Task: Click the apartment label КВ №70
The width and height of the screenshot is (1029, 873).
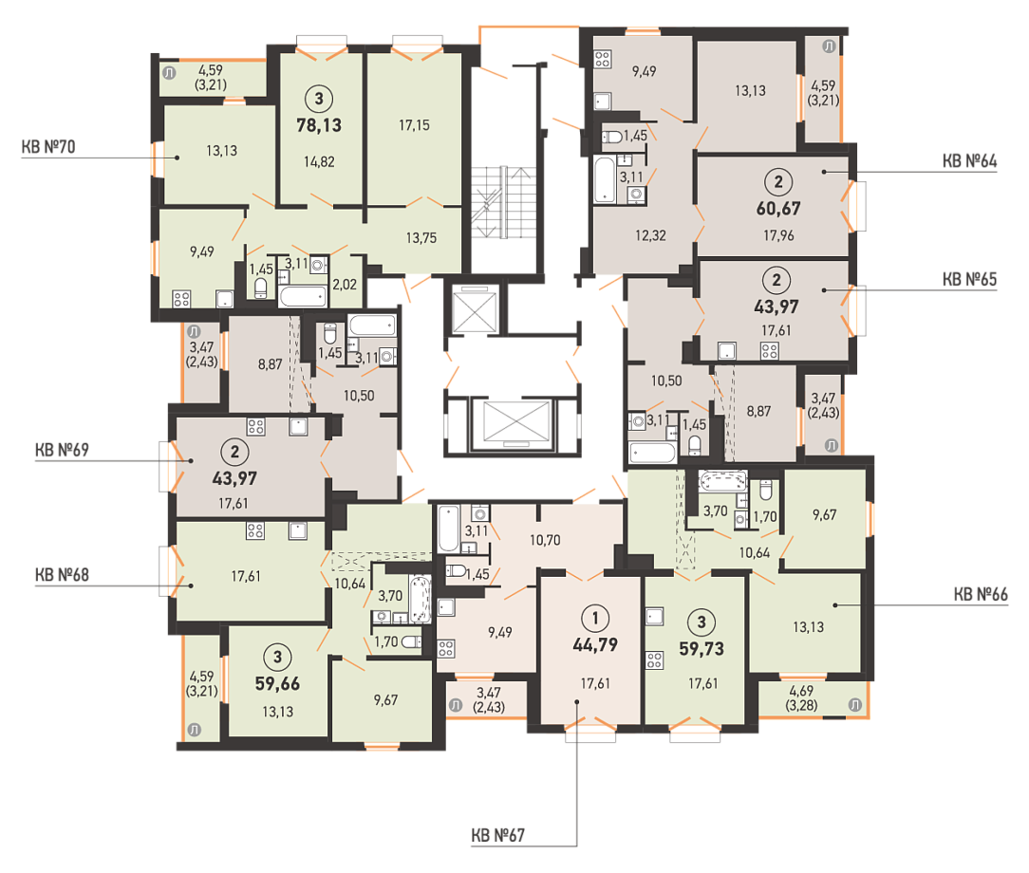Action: point(48,146)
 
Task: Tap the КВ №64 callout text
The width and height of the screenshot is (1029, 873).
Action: point(969,160)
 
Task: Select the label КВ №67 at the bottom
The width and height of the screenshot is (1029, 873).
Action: point(498,835)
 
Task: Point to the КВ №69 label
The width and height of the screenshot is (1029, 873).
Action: point(62,449)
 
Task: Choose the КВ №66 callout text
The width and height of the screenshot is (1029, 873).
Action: point(981,594)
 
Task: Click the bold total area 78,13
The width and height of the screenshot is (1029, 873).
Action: point(319,124)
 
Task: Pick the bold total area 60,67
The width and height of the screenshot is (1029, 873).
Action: point(778,209)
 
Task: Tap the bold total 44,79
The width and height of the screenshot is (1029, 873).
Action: point(595,644)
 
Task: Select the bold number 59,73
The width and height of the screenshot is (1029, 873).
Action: point(702,649)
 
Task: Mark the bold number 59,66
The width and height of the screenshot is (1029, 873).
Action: point(277,683)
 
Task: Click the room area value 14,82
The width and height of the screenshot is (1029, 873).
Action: point(319,161)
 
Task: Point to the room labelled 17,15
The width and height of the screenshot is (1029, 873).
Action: point(414,124)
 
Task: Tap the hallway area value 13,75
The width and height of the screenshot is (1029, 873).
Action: point(421,238)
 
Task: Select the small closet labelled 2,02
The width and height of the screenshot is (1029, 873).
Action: point(345,285)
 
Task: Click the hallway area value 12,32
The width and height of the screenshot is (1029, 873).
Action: point(650,234)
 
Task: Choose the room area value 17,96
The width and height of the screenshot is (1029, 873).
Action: point(778,234)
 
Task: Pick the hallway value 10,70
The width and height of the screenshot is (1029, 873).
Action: point(545,540)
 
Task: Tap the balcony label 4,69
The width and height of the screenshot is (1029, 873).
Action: point(801,691)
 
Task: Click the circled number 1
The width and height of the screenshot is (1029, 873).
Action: point(595,618)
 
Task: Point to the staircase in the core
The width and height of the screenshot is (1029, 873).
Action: point(503,203)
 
